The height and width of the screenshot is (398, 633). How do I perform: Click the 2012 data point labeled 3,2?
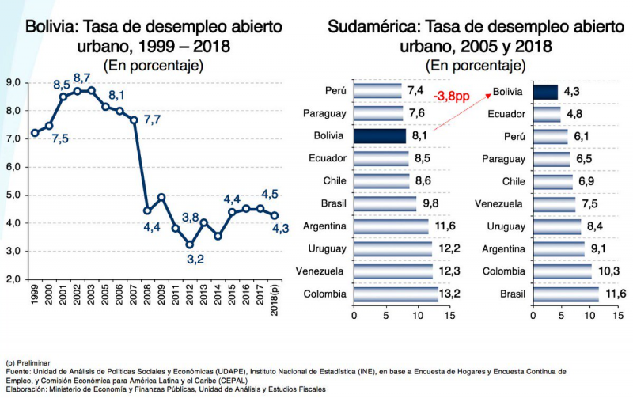(189, 244)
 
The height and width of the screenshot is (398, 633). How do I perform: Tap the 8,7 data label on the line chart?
(81, 78)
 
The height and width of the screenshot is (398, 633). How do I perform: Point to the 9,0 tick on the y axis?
(13, 82)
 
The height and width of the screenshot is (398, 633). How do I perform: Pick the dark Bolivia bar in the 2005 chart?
(379, 136)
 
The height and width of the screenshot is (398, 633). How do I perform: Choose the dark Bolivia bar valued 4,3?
(545, 92)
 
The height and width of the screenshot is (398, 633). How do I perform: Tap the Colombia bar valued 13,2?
(395, 294)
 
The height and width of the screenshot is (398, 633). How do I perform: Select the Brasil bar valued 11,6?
(566, 294)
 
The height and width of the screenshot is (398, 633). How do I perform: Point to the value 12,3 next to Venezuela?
(449, 272)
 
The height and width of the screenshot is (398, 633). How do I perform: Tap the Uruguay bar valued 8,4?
(557, 227)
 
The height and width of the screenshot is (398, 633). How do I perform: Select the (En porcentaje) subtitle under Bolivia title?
(153, 65)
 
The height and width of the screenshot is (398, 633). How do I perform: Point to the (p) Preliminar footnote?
(28, 362)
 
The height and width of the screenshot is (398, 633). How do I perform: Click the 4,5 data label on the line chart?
(269, 195)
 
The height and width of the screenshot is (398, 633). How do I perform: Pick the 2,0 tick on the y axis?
(13, 279)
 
